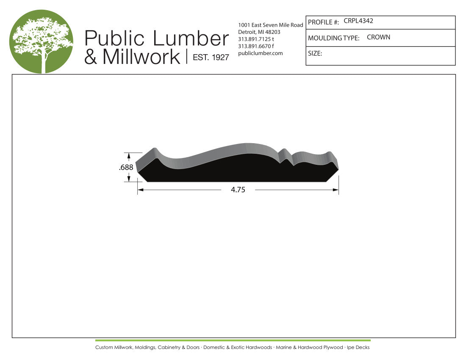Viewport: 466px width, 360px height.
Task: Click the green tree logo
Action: click(x=42, y=42)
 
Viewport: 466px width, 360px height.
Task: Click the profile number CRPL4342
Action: click(x=358, y=21)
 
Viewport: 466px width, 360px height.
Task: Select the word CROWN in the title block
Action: click(x=378, y=37)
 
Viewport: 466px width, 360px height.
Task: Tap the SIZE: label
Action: click(x=315, y=53)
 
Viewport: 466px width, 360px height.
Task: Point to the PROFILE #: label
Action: click(x=323, y=22)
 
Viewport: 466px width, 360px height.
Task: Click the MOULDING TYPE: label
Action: click(x=333, y=38)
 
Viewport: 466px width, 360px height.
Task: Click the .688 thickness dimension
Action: click(x=126, y=168)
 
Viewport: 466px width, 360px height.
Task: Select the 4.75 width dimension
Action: click(x=238, y=189)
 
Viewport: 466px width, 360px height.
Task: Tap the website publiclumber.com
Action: click(x=261, y=53)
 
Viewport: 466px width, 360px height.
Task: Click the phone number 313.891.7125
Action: click(x=255, y=39)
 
